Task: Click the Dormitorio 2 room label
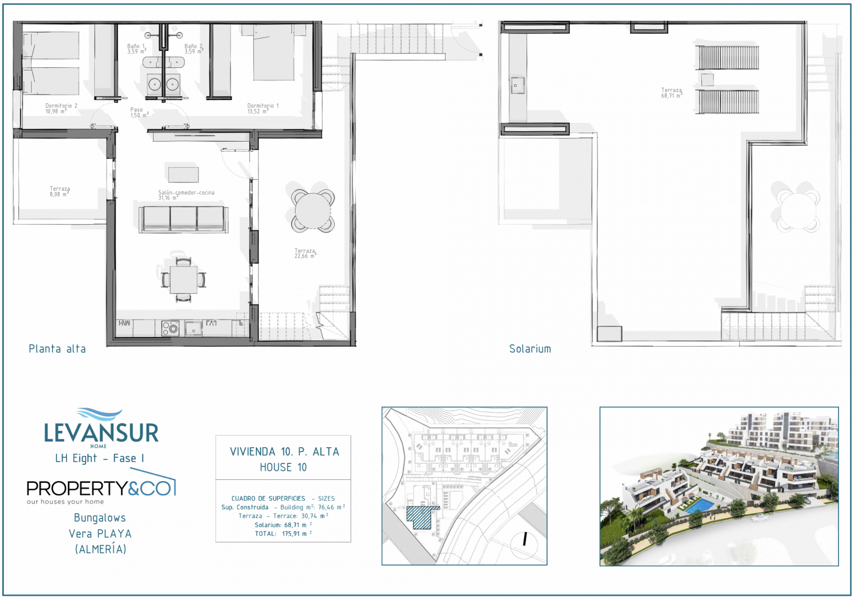click(61, 109)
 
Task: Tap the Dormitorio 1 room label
click(263, 109)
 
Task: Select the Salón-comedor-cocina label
click(186, 195)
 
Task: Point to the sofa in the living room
click(184, 219)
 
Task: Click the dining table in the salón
click(183, 280)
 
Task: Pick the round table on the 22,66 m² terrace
click(313, 211)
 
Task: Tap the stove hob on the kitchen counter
click(170, 328)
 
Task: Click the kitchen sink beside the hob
click(193, 328)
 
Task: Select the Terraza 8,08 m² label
click(60, 192)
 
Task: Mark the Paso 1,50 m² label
click(139, 112)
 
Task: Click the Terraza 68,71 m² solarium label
click(672, 93)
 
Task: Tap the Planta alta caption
click(57, 349)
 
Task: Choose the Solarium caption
click(530, 349)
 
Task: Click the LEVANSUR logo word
click(101, 433)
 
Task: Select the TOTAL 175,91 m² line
click(284, 534)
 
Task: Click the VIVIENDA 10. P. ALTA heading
click(284, 452)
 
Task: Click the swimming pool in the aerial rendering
click(699, 505)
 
